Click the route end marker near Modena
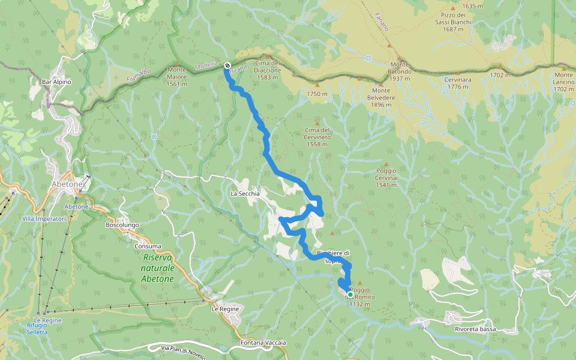click(227, 65)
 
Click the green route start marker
click(350, 295)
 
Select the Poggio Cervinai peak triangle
click(386, 164)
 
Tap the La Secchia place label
click(245, 194)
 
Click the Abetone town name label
click(67, 184)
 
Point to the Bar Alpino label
click(56, 82)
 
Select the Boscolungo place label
click(122, 225)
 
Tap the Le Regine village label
click(226, 308)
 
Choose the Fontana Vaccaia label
click(263, 343)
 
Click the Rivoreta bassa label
click(475, 329)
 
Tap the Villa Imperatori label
click(43, 219)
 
